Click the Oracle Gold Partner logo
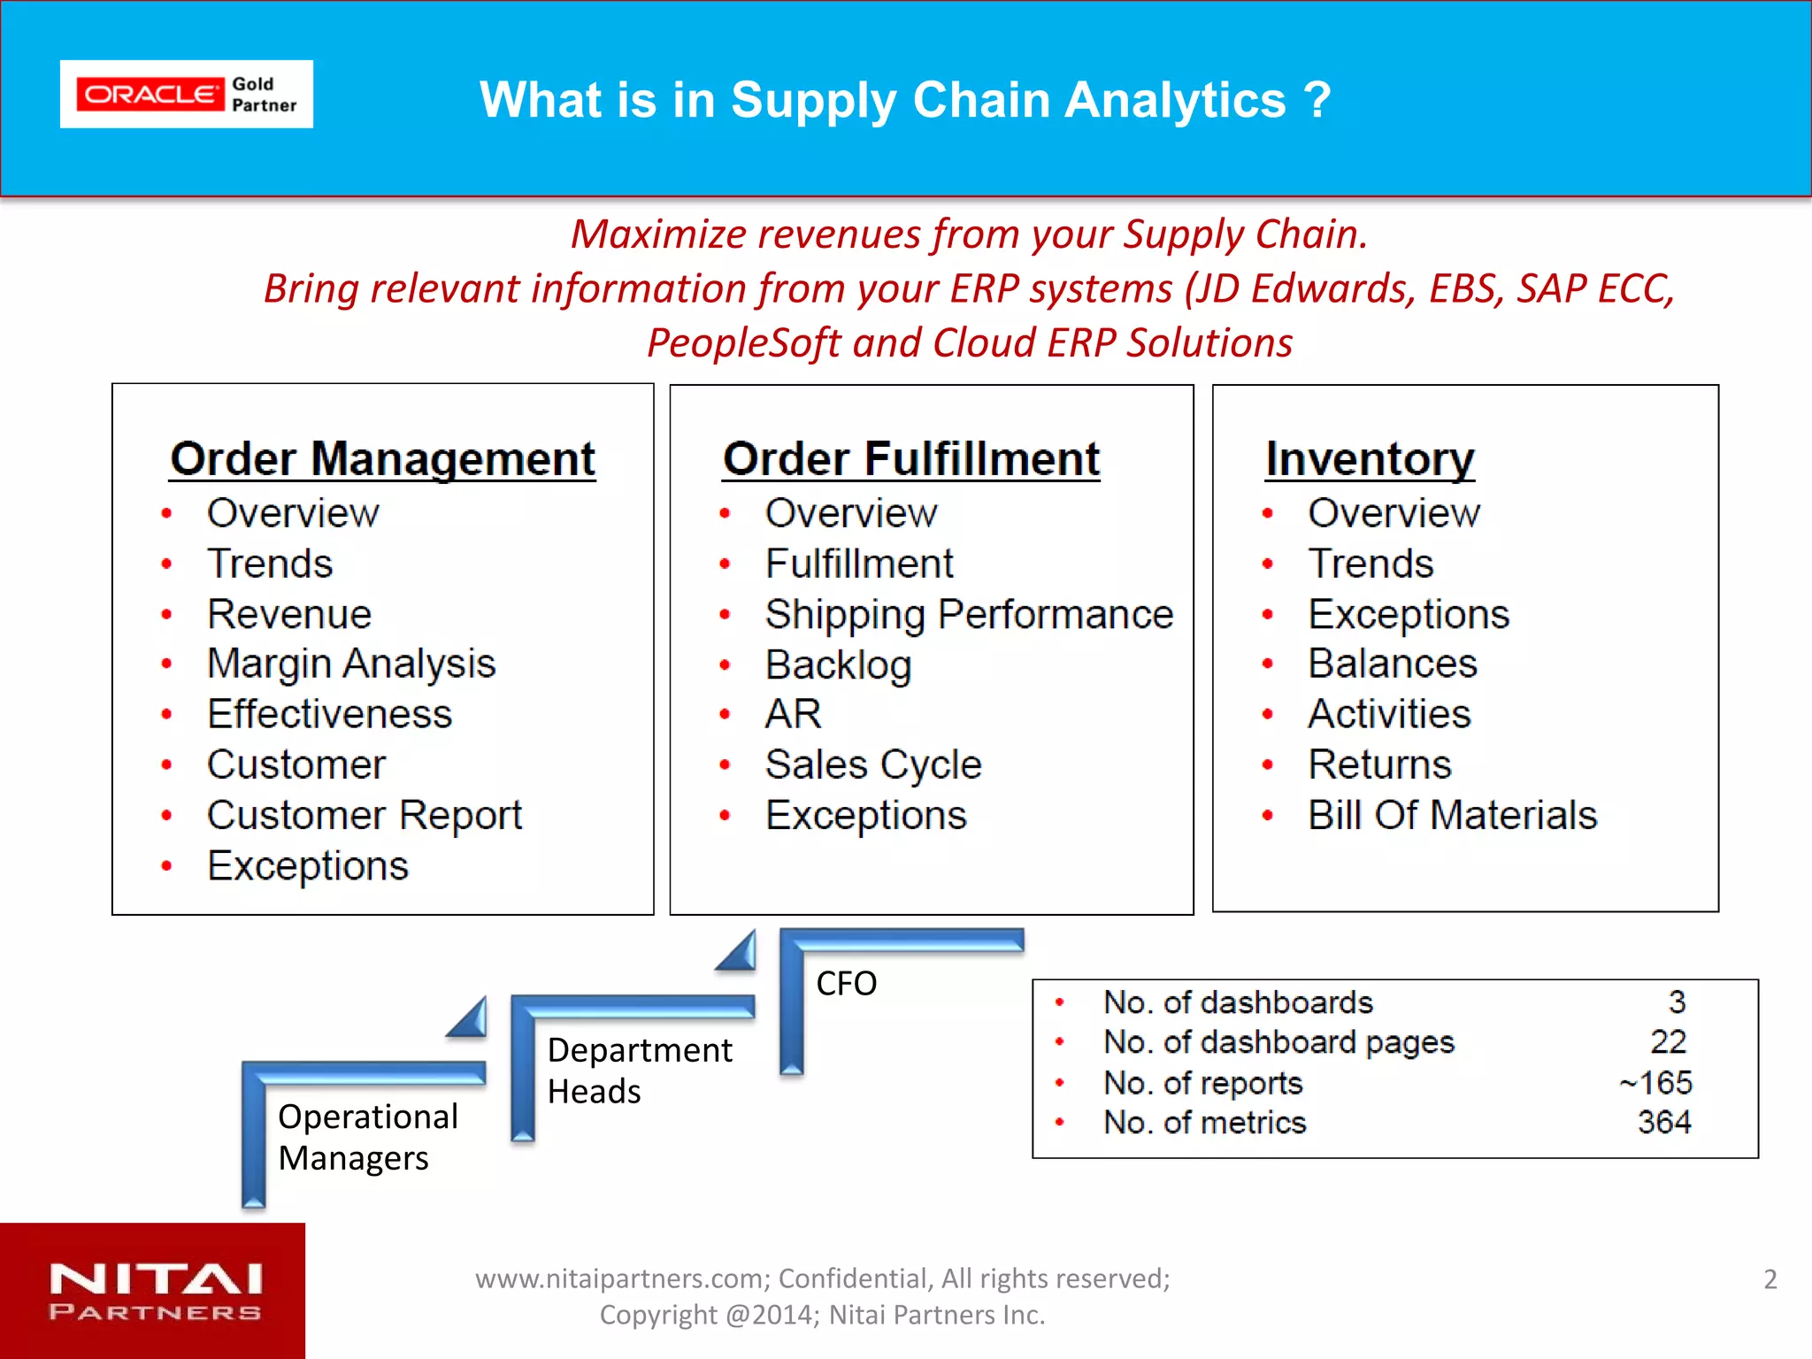pos(186,94)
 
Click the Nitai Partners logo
pos(154,1291)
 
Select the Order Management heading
pos(382,458)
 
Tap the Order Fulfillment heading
pos(910,458)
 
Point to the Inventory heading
pos(1369,458)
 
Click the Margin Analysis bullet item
pos(350,664)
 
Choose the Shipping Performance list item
pos(968,614)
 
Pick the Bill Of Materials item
pos(1452,815)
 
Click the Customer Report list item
pos(364,815)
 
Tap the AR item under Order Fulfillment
pos(793,714)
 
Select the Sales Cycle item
pos(872,764)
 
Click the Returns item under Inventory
pos(1379,764)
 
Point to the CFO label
pos(846,983)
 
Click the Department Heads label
pos(639,1070)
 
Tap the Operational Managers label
pos(367,1137)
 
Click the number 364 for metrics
pos(1663,1122)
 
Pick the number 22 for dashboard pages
pos(1668,1041)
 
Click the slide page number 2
pos(1770,1279)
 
